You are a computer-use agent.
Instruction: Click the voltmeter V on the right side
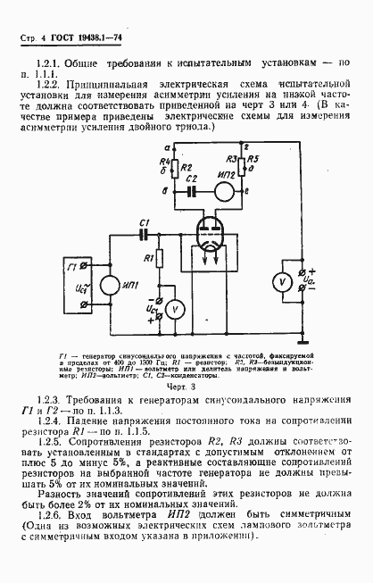(x=280, y=281)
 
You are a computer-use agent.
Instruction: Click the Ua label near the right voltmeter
(x=305, y=281)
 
